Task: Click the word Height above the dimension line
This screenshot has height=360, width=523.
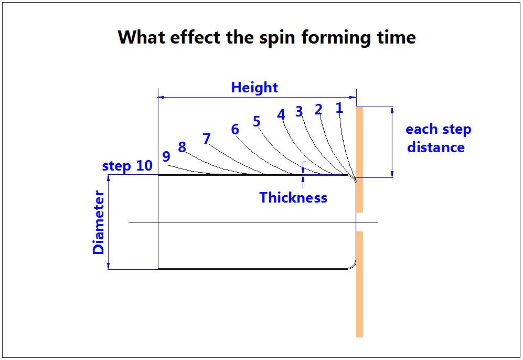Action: pos(254,88)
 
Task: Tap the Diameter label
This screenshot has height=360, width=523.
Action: pos(99,223)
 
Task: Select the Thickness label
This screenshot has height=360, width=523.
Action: pos(293,198)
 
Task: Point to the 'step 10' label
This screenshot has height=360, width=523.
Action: pos(127,166)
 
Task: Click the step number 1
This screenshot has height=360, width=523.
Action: pos(339,108)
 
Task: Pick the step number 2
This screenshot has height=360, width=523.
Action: pos(318,110)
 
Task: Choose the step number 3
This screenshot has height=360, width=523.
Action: pos(299,111)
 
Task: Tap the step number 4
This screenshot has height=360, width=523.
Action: pos(281,114)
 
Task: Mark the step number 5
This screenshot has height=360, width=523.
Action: pos(257,122)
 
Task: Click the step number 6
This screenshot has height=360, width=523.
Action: pos(235,130)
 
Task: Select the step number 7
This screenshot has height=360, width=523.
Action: pos(207,139)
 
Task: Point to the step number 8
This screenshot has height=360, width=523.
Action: pos(182,147)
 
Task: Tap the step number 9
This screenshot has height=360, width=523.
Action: pos(166,156)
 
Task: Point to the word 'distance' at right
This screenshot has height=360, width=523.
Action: pos(436,147)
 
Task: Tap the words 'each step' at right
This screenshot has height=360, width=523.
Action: pos(439,130)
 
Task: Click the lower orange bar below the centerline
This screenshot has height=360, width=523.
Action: pos(359,284)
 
